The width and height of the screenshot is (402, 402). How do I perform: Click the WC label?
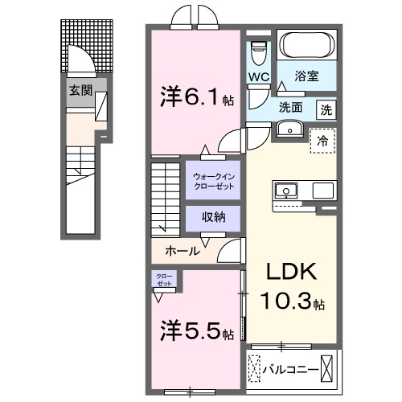pyautogui.click(x=258, y=78)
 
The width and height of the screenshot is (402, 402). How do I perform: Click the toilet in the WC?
pyautogui.click(x=258, y=52)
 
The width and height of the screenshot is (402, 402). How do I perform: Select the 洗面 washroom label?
pyautogui.click(x=290, y=106)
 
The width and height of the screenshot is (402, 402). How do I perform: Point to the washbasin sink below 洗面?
pyautogui.click(x=289, y=129)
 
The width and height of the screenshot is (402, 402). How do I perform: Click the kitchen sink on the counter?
pyautogui.click(x=286, y=191)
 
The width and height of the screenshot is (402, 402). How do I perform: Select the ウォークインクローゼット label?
pyautogui.click(x=212, y=180)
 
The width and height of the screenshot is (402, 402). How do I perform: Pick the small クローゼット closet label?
pyautogui.click(x=163, y=281)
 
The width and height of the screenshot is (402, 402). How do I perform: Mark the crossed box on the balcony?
pyautogui.click(x=329, y=369)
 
